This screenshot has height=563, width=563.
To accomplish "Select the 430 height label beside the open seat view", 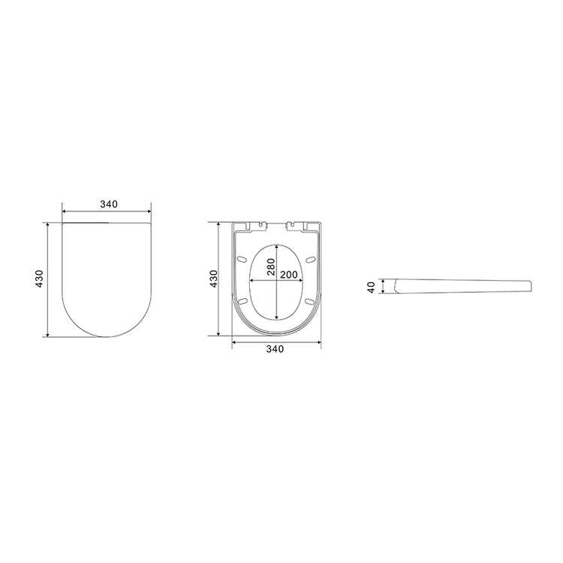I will [x=213, y=278].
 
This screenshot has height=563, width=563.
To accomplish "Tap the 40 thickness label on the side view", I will [x=372, y=288].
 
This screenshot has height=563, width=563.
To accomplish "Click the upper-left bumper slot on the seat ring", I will [x=243, y=259].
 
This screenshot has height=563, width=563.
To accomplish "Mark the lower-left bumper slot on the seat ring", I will [x=243, y=302].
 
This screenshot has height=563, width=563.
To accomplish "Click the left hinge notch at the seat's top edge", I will [x=260, y=224].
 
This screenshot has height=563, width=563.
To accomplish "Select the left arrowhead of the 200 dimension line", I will [x=251, y=281].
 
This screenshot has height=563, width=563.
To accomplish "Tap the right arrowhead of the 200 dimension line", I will [x=303, y=281].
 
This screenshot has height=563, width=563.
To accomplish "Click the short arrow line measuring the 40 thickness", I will [x=384, y=287].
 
